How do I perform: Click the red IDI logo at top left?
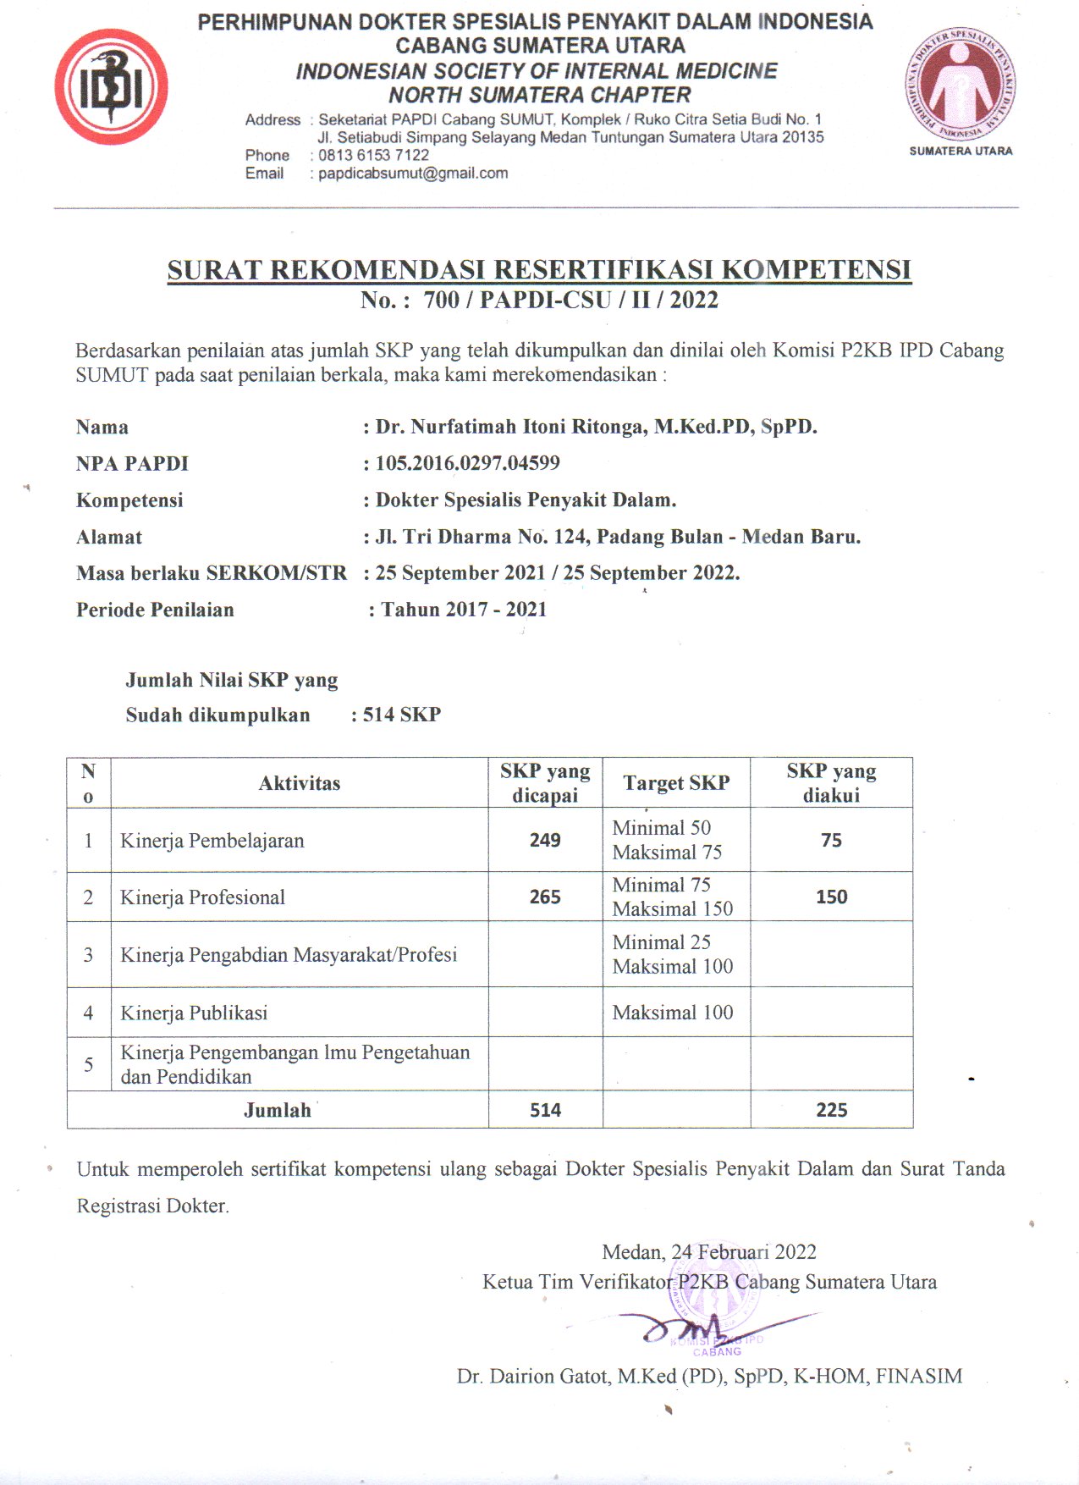click(111, 87)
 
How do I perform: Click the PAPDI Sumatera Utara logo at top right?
click(961, 85)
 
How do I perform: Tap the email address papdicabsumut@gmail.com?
click(413, 174)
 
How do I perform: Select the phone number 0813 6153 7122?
click(373, 155)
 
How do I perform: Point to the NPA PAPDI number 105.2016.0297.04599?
click(467, 463)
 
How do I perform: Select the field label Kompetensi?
click(129, 500)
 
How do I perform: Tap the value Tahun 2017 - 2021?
click(464, 610)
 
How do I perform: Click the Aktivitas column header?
click(300, 783)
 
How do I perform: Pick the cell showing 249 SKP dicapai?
click(545, 840)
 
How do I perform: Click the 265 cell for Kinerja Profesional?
click(545, 897)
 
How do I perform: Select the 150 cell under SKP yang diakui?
click(831, 897)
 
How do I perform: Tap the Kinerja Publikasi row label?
click(194, 1013)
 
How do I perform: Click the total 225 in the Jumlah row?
click(831, 1110)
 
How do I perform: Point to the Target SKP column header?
click(676, 783)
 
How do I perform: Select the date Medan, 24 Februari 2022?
click(709, 1252)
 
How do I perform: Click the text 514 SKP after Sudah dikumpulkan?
click(402, 715)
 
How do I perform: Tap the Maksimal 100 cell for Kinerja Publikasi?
click(673, 1013)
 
